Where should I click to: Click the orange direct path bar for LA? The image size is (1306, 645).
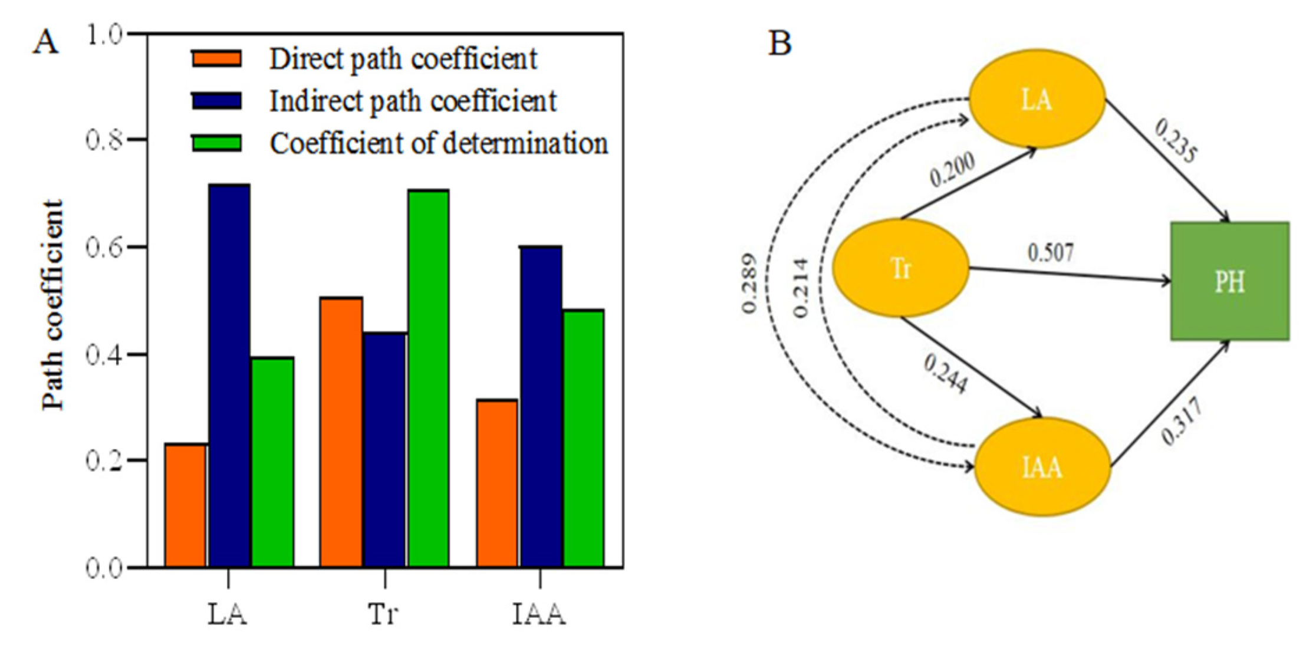tap(186, 505)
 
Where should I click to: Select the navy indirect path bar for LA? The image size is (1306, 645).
tap(229, 376)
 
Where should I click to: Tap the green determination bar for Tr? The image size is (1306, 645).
tap(429, 378)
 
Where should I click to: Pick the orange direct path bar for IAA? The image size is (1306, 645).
tap(497, 483)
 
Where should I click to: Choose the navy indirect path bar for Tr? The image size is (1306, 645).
tap(385, 450)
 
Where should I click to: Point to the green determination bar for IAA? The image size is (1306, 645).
tap(584, 438)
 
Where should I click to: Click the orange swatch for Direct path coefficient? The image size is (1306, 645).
tap(216, 59)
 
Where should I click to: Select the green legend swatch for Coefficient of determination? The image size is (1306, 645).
tap(216, 143)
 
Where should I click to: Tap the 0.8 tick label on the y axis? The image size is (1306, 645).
tap(104, 140)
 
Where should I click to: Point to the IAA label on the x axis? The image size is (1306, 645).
tap(539, 614)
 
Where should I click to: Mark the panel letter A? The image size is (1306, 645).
tap(45, 42)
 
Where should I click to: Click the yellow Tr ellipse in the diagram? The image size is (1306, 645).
tap(900, 268)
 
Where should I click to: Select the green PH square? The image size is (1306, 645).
tap(1229, 281)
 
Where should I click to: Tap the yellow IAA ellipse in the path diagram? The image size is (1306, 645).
tap(1042, 467)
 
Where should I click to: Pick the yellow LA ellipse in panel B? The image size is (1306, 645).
tap(1037, 99)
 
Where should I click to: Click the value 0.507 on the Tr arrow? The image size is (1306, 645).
tap(1050, 252)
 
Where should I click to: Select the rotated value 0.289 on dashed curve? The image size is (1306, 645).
tap(749, 284)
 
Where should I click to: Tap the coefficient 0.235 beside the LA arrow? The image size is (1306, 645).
tap(1175, 140)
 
